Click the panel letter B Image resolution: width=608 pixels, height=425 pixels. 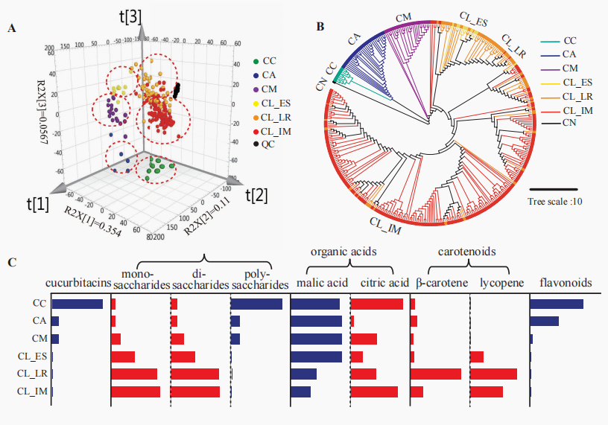coord(320,27)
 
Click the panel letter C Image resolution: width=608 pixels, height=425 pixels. coord(10,261)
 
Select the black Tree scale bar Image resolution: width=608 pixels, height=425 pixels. coord(553,189)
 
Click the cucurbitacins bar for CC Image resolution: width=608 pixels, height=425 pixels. coord(77,304)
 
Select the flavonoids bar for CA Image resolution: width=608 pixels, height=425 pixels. coord(544,321)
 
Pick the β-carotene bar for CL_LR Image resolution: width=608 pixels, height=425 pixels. coord(436,374)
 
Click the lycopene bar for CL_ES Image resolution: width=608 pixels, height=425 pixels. coord(477,357)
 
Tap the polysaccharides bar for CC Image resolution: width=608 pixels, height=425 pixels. coord(256,304)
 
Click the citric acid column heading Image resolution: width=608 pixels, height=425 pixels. coord(384,283)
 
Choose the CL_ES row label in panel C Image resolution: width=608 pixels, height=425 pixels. coord(31,357)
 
